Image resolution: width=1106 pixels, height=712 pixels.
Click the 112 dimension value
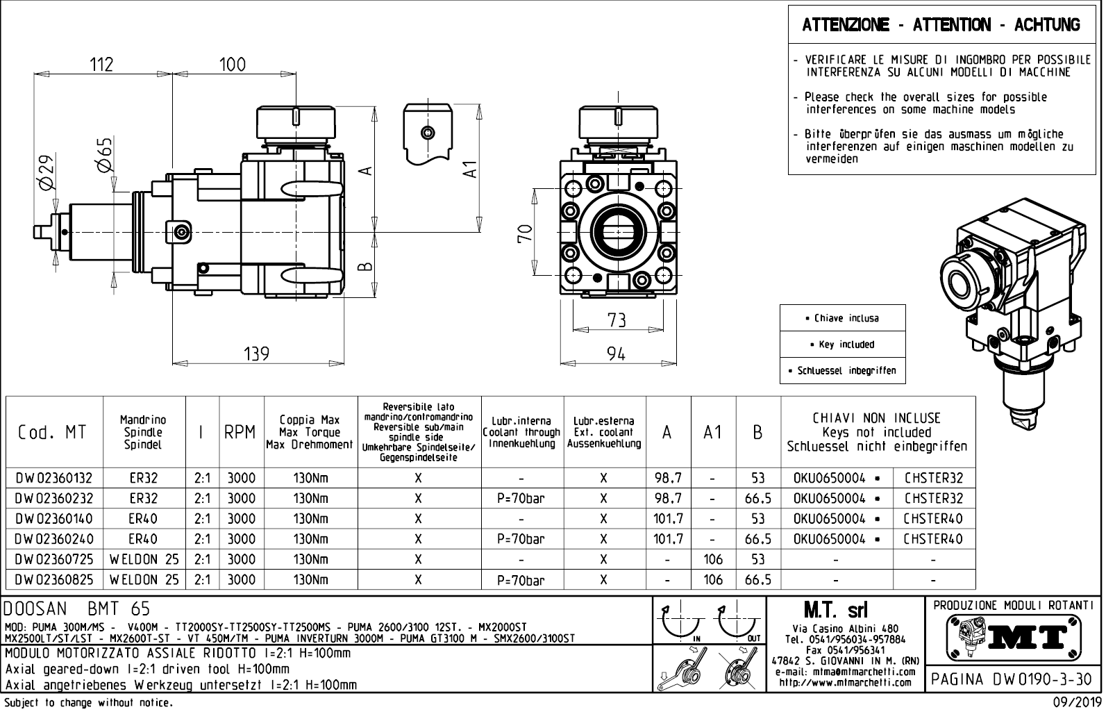pyautogui.click(x=101, y=65)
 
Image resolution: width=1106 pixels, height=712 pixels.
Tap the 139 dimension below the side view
pyautogui.click(x=256, y=354)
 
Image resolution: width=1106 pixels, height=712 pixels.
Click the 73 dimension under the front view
pyautogui.click(x=617, y=320)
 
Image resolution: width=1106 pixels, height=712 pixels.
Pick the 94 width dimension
pyautogui.click(x=617, y=354)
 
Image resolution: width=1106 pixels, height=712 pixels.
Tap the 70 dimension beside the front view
pyautogui.click(x=525, y=232)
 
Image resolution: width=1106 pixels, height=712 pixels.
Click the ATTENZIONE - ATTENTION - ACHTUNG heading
pyautogui.click(x=941, y=26)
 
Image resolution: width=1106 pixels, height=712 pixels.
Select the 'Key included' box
pyautogui.click(x=843, y=345)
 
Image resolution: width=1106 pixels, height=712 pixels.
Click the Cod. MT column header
pyautogui.click(x=53, y=432)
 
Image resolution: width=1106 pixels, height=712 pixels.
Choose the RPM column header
pyautogui.click(x=241, y=432)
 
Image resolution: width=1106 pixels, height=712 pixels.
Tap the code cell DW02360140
pyautogui.click(x=53, y=519)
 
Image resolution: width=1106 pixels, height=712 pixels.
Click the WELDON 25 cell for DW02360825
pyautogui.click(x=144, y=579)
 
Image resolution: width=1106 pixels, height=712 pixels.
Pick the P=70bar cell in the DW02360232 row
pyautogui.click(x=521, y=499)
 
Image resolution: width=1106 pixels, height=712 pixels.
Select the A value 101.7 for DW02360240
pyautogui.click(x=668, y=539)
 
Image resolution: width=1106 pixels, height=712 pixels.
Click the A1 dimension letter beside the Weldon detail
pyautogui.click(x=471, y=169)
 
